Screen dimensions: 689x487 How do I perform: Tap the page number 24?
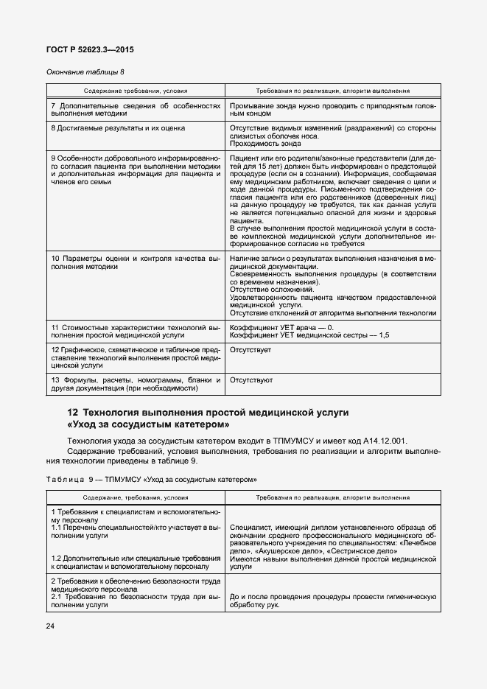click(x=51, y=626)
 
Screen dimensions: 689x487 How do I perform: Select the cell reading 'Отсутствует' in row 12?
click(x=250, y=349)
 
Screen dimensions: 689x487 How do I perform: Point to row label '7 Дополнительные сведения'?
click(x=136, y=105)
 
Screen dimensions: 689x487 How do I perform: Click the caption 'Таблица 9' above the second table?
click(x=67, y=479)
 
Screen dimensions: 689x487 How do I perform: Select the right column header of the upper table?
click(x=332, y=91)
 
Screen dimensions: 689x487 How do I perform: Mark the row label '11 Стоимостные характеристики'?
click(x=136, y=326)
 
